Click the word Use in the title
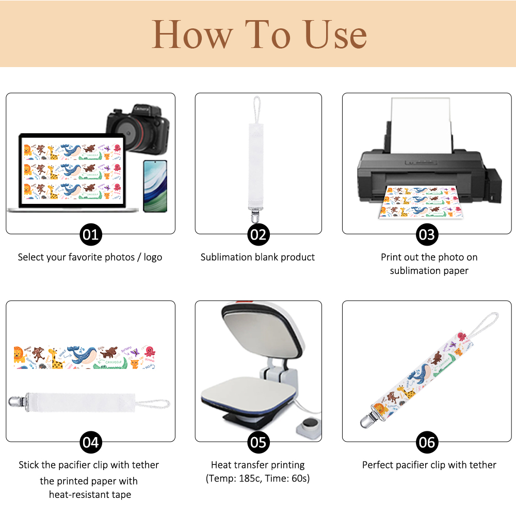coord(335,35)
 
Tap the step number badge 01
coord(91,235)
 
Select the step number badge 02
coord(259,235)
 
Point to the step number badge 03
coord(427,235)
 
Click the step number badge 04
coord(91,442)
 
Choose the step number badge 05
coord(259,442)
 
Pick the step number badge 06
coord(427,442)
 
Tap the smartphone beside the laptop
coord(155,186)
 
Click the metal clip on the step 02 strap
coord(256,214)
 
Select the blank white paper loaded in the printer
coord(421,125)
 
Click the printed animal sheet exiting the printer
coord(421,202)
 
